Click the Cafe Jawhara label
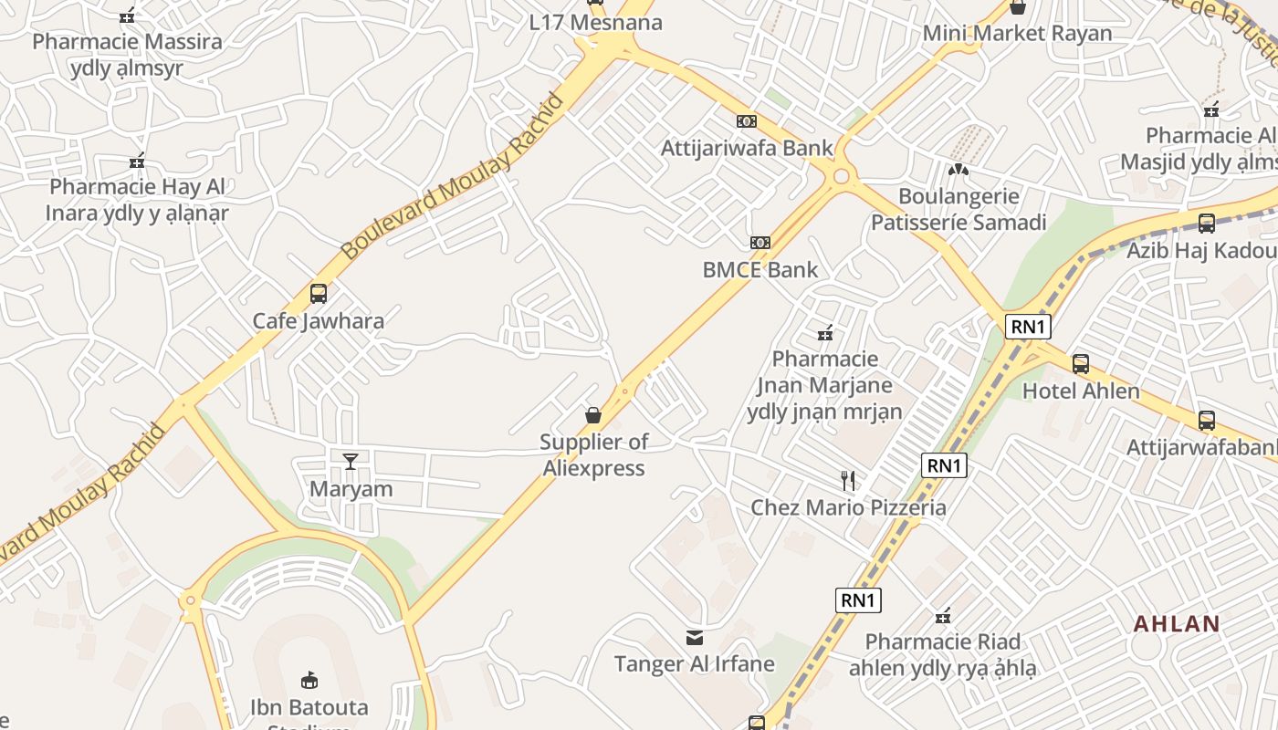pyautogui.click(x=318, y=321)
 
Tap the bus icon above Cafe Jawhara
pyautogui.click(x=318, y=294)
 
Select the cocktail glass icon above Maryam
pyautogui.click(x=351, y=462)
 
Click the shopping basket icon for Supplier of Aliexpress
pyautogui.click(x=593, y=416)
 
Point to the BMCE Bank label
pyautogui.click(x=759, y=270)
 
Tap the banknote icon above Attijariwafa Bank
pyautogui.click(x=747, y=121)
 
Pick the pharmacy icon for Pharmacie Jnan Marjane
pyautogui.click(x=825, y=333)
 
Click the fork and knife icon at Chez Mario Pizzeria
pyautogui.click(x=848, y=481)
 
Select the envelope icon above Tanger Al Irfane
pyautogui.click(x=695, y=637)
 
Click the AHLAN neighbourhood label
pyautogui.click(x=1177, y=624)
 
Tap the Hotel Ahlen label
pyautogui.click(x=1081, y=391)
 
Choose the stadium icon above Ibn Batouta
pyautogui.click(x=309, y=680)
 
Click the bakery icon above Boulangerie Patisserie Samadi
pyautogui.click(x=958, y=170)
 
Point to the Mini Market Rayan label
pyautogui.click(x=1017, y=34)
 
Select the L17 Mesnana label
pyautogui.click(x=595, y=23)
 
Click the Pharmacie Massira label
pyautogui.click(x=127, y=41)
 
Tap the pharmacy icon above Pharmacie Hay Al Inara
pyautogui.click(x=138, y=162)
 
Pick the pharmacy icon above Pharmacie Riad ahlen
pyautogui.click(x=943, y=616)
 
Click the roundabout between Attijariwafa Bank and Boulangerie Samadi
pyautogui.click(x=841, y=176)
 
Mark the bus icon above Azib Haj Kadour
pyautogui.click(x=1206, y=223)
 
